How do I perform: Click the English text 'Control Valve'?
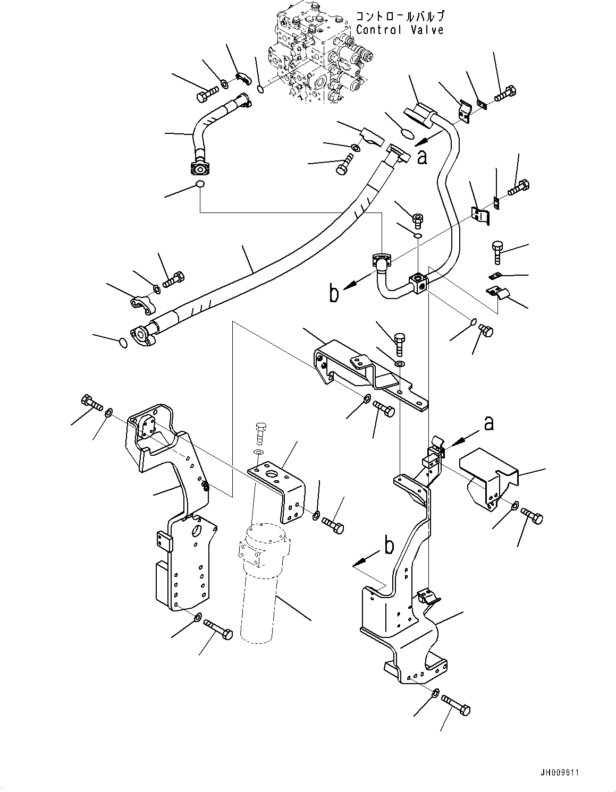[x=399, y=30]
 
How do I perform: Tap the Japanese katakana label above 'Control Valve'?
[x=399, y=16]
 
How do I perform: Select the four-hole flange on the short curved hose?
[x=200, y=169]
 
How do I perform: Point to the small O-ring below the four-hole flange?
[x=199, y=184]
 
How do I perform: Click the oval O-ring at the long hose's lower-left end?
[x=122, y=343]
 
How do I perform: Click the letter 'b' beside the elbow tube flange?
[x=334, y=294]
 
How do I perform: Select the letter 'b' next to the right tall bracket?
[x=390, y=547]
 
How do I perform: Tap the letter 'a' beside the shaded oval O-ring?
[x=422, y=157]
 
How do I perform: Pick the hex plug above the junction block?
[x=418, y=218]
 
